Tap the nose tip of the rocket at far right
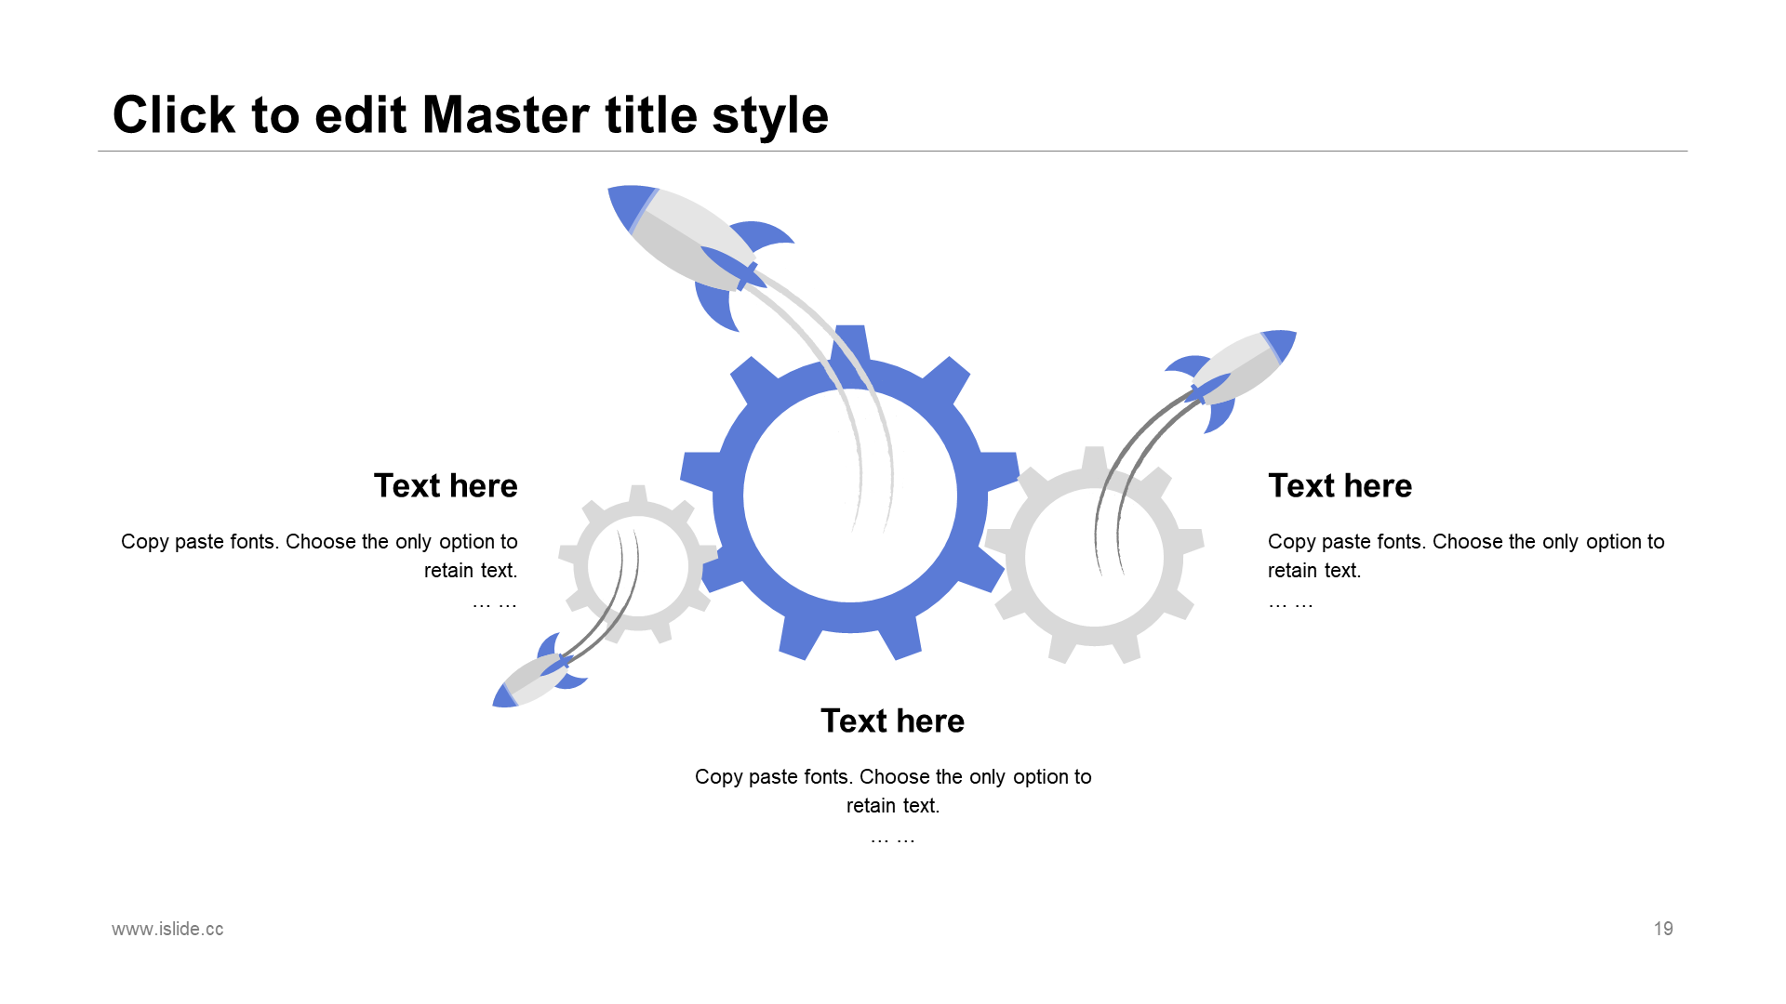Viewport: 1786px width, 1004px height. pyautogui.click(x=1295, y=333)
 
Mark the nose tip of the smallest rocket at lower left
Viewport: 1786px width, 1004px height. pyautogui.click(x=494, y=705)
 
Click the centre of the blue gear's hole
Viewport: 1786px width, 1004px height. pyautogui.click(x=850, y=495)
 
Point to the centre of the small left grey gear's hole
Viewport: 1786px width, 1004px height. pyautogui.click(x=638, y=566)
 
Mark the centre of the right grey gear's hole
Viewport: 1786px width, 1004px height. pyautogui.click(x=1094, y=557)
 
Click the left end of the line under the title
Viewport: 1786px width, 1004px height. pyautogui.click(x=99, y=151)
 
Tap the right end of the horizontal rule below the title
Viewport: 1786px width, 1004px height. pyautogui.click(x=1686, y=151)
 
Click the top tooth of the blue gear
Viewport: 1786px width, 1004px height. pyautogui.click(x=851, y=342)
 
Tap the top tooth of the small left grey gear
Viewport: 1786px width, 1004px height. pyautogui.click(x=638, y=494)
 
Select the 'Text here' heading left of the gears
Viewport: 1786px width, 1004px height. pyautogui.click(x=446, y=485)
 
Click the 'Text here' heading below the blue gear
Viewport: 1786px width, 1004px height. pyautogui.click(x=893, y=720)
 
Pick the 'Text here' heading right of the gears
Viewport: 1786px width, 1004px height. pyautogui.click(x=1339, y=485)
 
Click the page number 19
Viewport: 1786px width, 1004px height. pyautogui.click(x=1663, y=929)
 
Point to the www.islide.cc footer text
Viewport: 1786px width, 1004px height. pyautogui.click(x=167, y=929)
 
